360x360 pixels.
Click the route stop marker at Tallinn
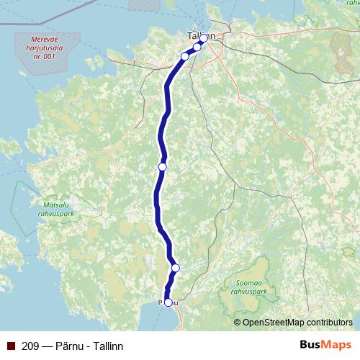(x=204, y=37)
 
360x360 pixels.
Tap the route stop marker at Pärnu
(x=168, y=302)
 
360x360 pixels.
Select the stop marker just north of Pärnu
(x=175, y=268)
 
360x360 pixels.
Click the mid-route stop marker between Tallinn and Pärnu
(x=162, y=166)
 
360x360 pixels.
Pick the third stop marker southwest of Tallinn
(x=184, y=55)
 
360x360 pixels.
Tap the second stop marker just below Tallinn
(x=197, y=46)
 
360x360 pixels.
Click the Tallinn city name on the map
(x=196, y=34)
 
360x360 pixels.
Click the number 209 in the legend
(x=30, y=346)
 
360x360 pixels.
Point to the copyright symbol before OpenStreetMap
(x=238, y=322)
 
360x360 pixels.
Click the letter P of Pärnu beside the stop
(x=160, y=303)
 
